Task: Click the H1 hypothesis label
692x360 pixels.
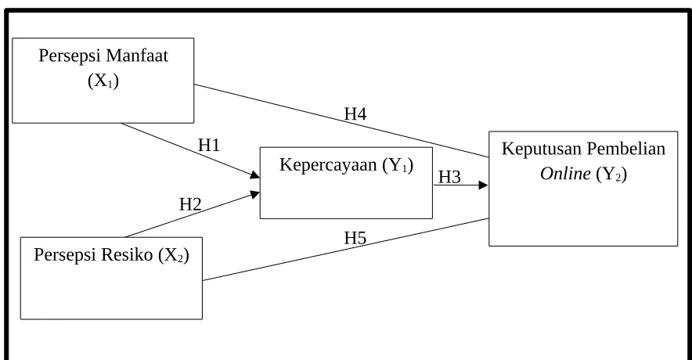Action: click(209, 145)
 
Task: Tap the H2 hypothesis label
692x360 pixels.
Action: click(190, 204)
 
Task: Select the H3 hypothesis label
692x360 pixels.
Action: click(449, 178)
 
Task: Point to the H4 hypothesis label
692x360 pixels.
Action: click(355, 113)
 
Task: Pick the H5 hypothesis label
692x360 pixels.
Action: click(355, 238)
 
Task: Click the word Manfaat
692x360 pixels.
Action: click(137, 56)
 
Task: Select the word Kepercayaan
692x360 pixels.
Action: click(328, 165)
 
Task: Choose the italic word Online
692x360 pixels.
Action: click(565, 174)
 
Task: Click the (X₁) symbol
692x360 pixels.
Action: click(103, 81)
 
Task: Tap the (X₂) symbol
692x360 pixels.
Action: click(174, 255)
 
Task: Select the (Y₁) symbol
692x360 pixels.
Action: click(398, 165)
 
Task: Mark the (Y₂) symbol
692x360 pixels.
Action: click(611, 175)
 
